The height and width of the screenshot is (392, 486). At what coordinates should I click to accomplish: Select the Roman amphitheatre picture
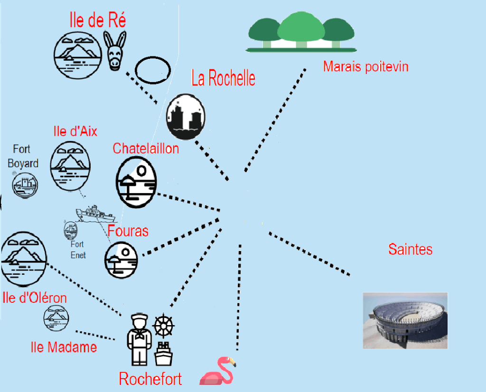coord(405,320)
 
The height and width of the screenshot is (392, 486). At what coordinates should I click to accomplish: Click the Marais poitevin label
coord(365,66)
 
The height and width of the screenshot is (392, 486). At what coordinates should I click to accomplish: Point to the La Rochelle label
coord(223,78)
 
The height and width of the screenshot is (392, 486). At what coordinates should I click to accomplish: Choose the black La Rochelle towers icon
coord(186,117)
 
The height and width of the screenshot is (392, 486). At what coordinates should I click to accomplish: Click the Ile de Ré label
coord(97,21)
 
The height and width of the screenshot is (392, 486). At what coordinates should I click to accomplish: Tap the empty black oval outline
coord(152,70)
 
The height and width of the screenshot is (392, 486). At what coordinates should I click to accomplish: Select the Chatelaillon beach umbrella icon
coord(136,182)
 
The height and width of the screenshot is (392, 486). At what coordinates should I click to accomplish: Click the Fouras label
coord(128,231)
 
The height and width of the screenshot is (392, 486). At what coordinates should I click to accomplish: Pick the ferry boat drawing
coord(95,214)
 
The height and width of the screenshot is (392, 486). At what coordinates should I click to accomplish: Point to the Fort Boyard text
coord(22,156)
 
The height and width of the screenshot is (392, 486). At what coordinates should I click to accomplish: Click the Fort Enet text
coord(78,250)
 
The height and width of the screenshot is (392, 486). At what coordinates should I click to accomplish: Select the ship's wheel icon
coord(164,325)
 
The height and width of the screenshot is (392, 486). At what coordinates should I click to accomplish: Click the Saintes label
coord(410,249)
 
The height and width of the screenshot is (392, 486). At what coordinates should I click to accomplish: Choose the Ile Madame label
coord(64,347)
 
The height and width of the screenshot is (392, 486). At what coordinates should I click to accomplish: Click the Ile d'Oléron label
coord(35,298)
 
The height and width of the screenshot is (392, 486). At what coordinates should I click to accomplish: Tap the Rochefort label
coord(150,379)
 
